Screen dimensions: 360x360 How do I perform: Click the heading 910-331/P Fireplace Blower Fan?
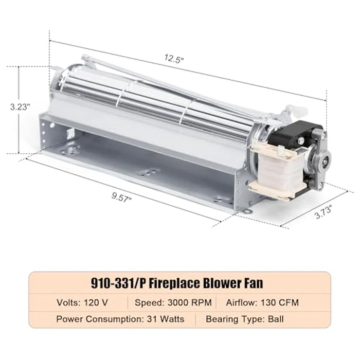(180, 282)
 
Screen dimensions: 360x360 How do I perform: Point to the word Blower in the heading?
(227, 282)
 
